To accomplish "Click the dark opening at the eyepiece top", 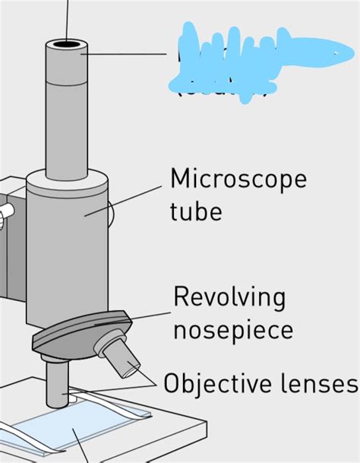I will (x=66, y=45).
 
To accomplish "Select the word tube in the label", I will (x=196, y=210).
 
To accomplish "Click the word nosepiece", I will (x=232, y=331).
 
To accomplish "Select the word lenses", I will (x=318, y=382).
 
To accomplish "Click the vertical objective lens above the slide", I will (x=58, y=384).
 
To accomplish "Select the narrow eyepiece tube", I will (x=66, y=114).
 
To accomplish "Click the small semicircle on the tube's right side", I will (x=110, y=215).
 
